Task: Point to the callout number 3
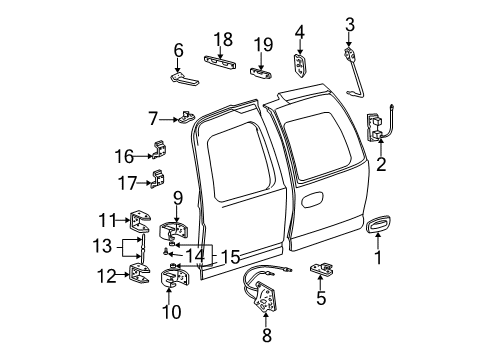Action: click(350, 24)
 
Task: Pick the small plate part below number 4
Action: click(302, 65)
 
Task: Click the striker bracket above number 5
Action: click(323, 269)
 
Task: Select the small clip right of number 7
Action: click(186, 118)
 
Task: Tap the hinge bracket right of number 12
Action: click(141, 274)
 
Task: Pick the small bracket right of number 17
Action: click(156, 179)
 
